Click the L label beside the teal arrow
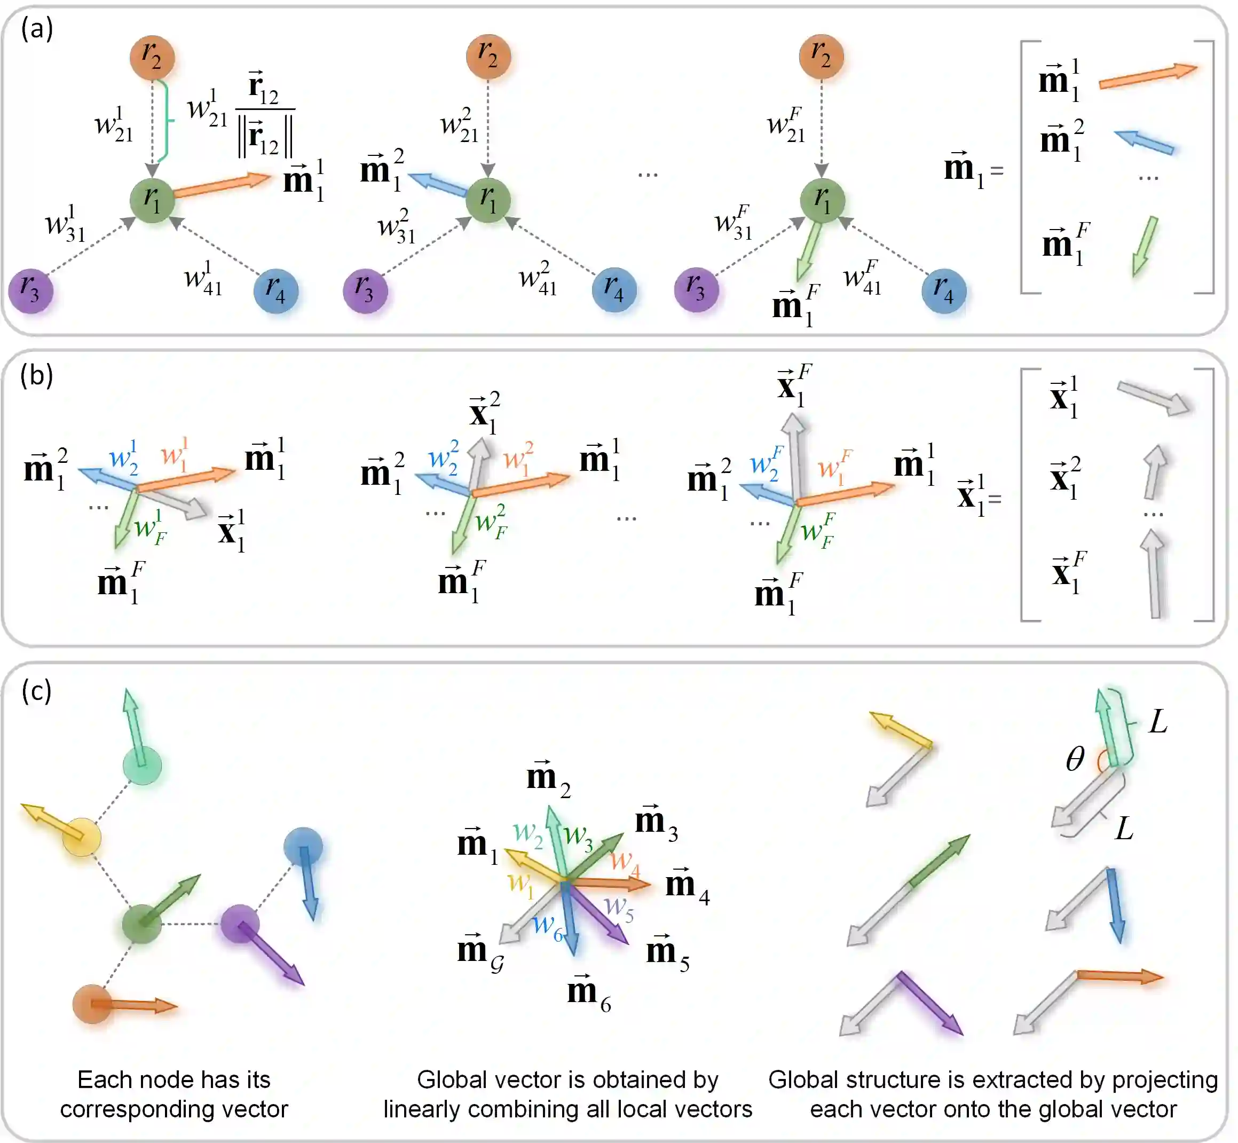point(1157,721)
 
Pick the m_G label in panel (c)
point(480,951)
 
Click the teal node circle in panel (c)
point(142,766)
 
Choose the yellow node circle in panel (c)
point(82,837)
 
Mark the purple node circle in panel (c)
point(239,924)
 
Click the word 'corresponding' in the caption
point(133,1109)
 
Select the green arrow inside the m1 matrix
point(1144,246)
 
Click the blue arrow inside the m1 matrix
point(1144,141)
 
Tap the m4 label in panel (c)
point(687,885)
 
